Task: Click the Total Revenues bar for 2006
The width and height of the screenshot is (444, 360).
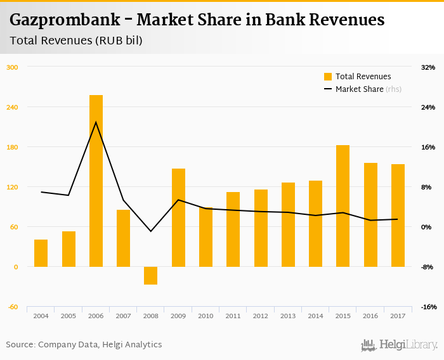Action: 96,181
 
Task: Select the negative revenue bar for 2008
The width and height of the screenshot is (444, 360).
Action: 150,276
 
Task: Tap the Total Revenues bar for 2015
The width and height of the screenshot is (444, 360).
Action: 343,206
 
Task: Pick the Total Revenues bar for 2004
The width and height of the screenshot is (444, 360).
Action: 41,253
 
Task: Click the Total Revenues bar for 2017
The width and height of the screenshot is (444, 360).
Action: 398,215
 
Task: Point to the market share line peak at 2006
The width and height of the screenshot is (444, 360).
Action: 96,122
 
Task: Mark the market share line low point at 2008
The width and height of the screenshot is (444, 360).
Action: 150,231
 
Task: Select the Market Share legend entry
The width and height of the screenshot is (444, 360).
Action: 359,89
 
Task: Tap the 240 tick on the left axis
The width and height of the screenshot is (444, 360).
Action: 13,107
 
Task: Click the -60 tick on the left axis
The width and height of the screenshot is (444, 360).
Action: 13,307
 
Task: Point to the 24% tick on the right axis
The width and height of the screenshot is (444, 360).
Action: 428,107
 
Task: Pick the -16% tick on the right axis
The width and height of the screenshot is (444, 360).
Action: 428,307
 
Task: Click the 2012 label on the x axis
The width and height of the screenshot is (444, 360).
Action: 261,316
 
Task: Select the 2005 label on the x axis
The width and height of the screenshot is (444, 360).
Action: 69,316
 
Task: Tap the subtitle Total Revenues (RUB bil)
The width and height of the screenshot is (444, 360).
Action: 76,41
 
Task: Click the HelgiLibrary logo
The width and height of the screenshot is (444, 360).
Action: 400,345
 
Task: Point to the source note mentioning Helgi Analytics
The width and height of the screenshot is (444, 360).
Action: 84,345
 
